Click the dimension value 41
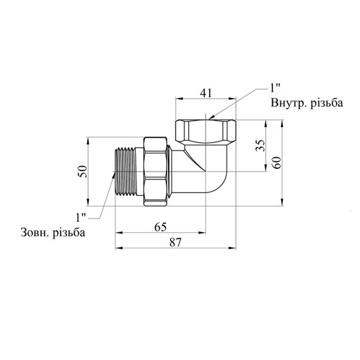point(206,93)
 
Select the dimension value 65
point(160,227)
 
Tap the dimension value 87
point(176,243)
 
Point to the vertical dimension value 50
point(83,171)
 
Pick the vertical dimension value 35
point(260,145)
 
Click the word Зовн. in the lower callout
point(35,232)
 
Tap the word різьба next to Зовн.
point(69,233)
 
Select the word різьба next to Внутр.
point(327,103)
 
